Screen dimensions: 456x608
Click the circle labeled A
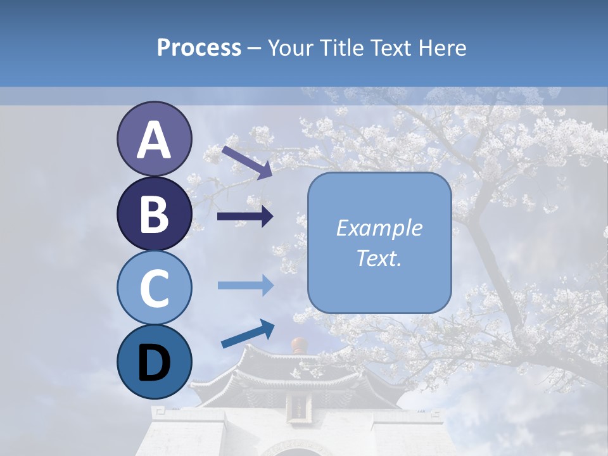(155, 139)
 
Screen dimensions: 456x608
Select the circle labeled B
(155, 214)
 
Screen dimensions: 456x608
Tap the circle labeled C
(155, 288)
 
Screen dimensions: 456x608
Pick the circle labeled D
(155, 362)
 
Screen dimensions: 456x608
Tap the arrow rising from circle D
(248, 334)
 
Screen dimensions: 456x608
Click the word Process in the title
(199, 47)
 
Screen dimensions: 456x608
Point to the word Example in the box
(379, 228)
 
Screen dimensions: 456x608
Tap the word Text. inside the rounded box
(379, 258)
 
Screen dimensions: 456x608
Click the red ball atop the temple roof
(298, 346)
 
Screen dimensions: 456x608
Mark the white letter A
(155, 140)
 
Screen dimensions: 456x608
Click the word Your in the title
(290, 47)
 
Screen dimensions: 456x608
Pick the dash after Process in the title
(254, 48)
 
